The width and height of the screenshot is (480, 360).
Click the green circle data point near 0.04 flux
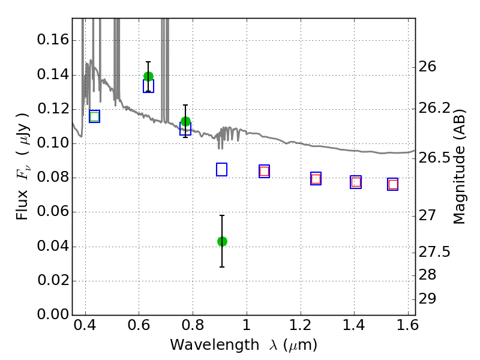[222, 242]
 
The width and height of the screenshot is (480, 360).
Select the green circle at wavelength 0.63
[148, 76]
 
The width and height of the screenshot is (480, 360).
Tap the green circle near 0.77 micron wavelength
[185, 122]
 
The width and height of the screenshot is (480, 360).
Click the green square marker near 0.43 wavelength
[95, 116]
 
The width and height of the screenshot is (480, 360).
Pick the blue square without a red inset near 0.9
[221, 170]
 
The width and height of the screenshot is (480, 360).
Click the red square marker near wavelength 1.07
[264, 171]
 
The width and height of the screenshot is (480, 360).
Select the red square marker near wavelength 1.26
[316, 178]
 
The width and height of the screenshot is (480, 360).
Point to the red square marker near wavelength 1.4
[356, 182]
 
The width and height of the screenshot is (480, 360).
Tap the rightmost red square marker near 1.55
[393, 184]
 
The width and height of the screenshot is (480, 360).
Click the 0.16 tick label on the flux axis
[53, 40]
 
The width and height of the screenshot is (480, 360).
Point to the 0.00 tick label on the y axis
[53, 314]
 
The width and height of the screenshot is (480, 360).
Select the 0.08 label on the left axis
[53, 177]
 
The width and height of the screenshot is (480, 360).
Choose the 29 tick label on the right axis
[427, 299]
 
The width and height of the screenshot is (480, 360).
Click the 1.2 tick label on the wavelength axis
[301, 325]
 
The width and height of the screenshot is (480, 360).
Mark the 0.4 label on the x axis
[85, 325]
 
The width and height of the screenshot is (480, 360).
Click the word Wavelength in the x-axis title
[215, 345]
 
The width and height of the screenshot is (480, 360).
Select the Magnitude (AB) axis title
[459, 167]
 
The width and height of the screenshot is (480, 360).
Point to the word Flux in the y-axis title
[22, 205]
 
